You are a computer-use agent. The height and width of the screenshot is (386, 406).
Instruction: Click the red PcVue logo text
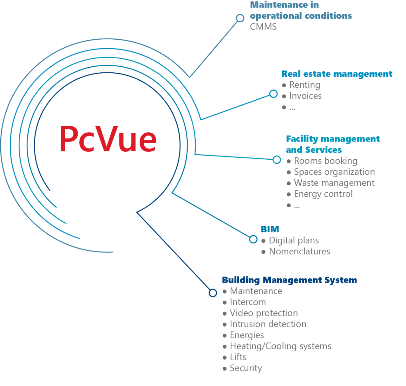click(x=108, y=139)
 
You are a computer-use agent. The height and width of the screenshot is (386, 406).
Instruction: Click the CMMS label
click(x=263, y=27)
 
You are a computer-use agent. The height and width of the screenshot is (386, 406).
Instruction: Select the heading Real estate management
click(x=337, y=74)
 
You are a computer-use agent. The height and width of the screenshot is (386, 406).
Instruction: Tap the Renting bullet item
click(x=304, y=85)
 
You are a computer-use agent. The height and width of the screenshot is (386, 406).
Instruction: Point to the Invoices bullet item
click(x=305, y=96)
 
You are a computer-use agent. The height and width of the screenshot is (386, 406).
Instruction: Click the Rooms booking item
click(x=325, y=161)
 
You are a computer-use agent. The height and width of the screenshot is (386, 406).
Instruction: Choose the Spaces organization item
click(x=334, y=172)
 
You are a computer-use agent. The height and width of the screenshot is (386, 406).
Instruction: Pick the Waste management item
click(x=334, y=183)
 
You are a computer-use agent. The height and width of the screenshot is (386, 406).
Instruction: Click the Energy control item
click(x=323, y=194)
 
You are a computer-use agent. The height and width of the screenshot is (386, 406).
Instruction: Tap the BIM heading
click(x=270, y=230)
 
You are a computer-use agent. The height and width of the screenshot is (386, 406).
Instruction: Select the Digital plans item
click(x=294, y=241)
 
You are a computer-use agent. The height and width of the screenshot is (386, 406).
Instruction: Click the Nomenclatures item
click(x=299, y=251)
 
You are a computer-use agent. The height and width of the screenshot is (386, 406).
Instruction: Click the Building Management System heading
click(x=289, y=280)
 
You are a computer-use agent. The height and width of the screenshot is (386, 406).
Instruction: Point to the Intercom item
click(x=248, y=302)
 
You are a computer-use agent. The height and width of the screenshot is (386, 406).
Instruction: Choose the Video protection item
click(x=264, y=313)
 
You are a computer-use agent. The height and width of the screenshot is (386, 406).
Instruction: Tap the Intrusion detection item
click(x=268, y=324)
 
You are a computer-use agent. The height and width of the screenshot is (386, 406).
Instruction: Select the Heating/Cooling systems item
click(x=280, y=346)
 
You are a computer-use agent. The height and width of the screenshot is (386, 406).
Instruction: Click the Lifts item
click(x=238, y=357)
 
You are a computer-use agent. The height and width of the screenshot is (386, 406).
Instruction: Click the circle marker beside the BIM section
click(x=253, y=239)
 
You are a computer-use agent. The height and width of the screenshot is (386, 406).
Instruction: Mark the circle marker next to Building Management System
click(x=213, y=293)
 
